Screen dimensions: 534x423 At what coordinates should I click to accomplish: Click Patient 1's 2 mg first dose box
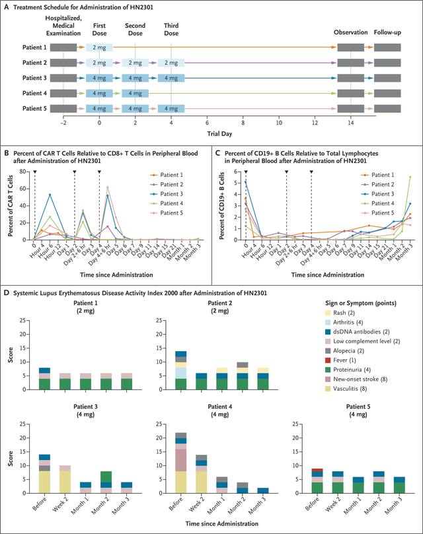pos(100,48)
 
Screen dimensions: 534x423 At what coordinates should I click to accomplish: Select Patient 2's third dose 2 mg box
pos(171,63)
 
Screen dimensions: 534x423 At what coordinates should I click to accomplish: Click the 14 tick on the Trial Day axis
pos(351,122)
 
